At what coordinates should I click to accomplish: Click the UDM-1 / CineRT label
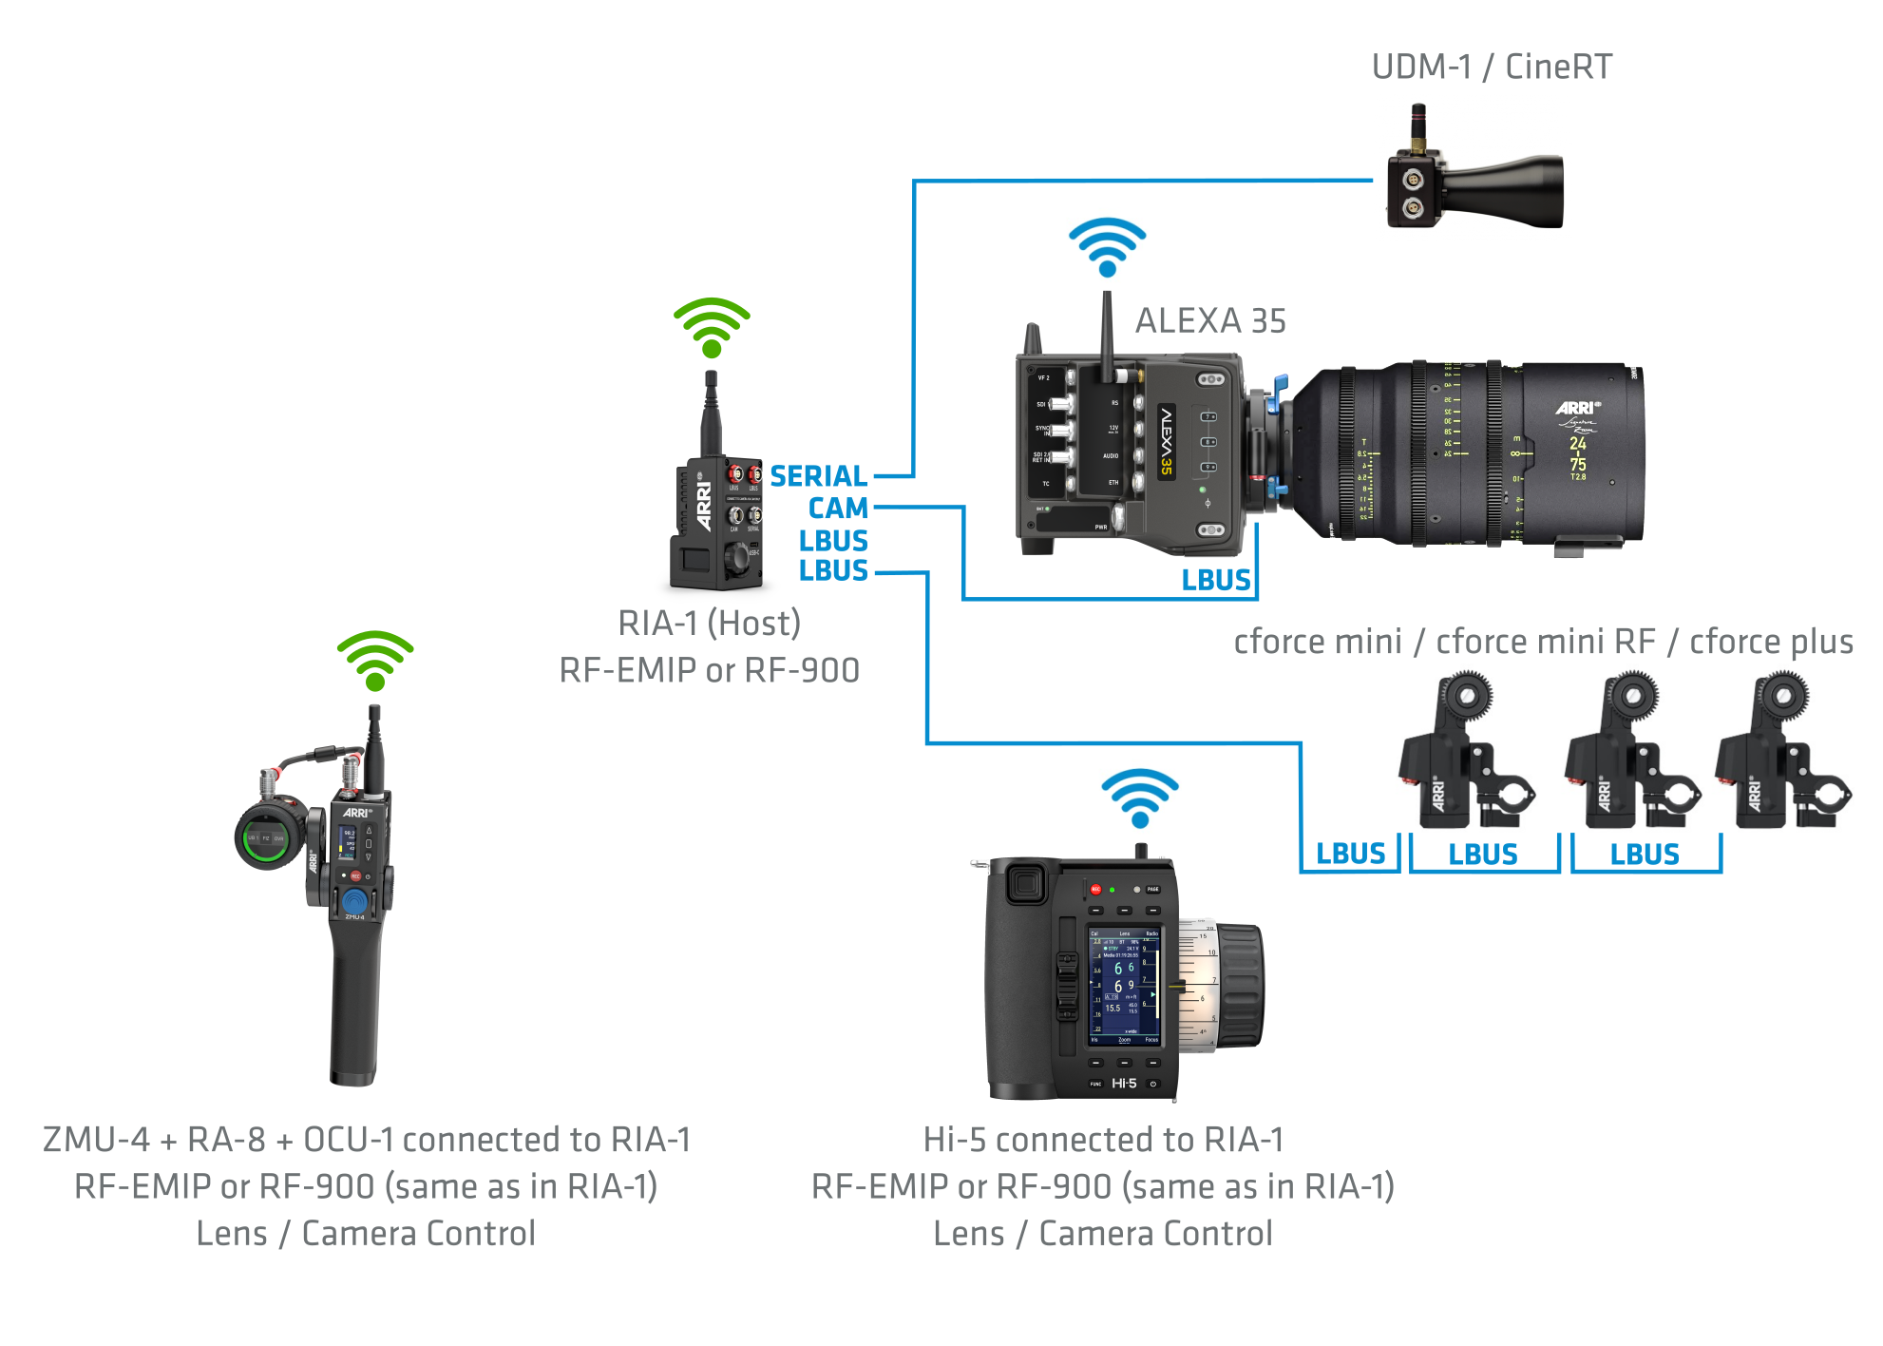coord(1492,67)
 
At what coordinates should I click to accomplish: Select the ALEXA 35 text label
coord(1210,321)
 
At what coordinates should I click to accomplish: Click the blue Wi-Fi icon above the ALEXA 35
coord(1108,246)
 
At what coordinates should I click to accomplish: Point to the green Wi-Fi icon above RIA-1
coord(712,327)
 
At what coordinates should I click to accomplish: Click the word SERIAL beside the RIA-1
coord(818,475)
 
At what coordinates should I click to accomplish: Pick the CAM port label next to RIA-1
coord(838,509)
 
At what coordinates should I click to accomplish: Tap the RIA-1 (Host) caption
coord(709,624)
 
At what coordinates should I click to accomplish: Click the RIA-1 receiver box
coord(717,523)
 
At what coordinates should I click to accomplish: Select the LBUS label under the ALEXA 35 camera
coord(1215,580)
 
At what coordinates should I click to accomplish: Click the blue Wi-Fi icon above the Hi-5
coord(1140,798)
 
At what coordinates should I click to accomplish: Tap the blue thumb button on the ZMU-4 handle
coord(354,900)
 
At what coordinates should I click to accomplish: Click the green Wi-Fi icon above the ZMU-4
coord(375,660)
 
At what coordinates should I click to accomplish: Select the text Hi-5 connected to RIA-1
coord(1103,1139)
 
